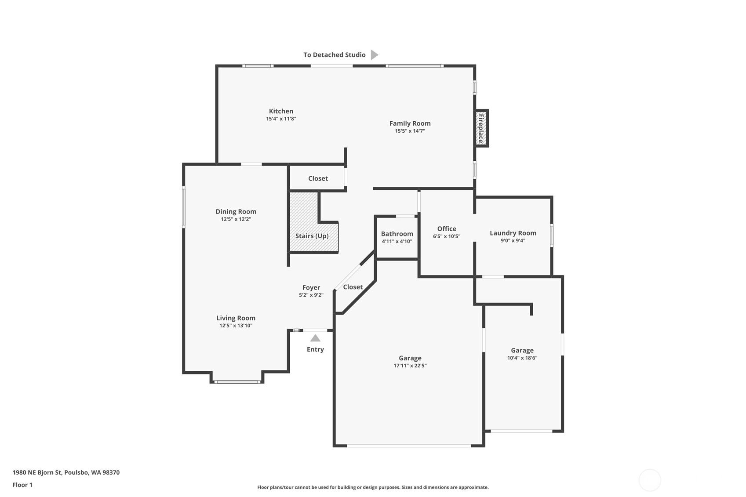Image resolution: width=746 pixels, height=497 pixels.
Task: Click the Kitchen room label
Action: (281, 111)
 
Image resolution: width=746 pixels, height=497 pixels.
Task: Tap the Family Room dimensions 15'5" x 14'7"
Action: (410, 131)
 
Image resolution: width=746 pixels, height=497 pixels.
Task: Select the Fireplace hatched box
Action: (481, 128)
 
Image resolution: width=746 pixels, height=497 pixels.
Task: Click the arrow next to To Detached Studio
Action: (375, 54)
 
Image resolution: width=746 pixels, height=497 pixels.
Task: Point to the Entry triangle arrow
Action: (315, 338)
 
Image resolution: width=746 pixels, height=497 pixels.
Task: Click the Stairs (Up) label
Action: (312, 236)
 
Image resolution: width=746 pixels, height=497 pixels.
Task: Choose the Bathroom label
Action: (397, 234)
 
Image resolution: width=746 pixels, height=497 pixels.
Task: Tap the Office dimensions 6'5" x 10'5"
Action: (447, 236)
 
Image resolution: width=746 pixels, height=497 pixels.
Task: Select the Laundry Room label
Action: (513, 233)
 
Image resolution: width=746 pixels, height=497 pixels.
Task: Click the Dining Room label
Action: (236, 211)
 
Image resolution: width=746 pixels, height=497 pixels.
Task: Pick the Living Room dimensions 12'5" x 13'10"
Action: (236, 326)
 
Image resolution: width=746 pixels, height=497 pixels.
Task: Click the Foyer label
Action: (311, 288)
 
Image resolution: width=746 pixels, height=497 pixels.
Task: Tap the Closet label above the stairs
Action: (318, 178)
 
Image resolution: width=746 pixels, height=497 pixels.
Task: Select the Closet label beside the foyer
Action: (353, 287)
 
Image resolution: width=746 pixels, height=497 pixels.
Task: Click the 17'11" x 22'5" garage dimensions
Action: (410, 366)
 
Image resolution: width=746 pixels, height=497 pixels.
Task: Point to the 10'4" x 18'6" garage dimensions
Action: (522, 358)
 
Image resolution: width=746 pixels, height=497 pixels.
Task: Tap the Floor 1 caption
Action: (22, 485)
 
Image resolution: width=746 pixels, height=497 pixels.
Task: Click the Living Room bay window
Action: (237, 382)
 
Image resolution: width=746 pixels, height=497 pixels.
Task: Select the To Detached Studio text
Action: (335, 54)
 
